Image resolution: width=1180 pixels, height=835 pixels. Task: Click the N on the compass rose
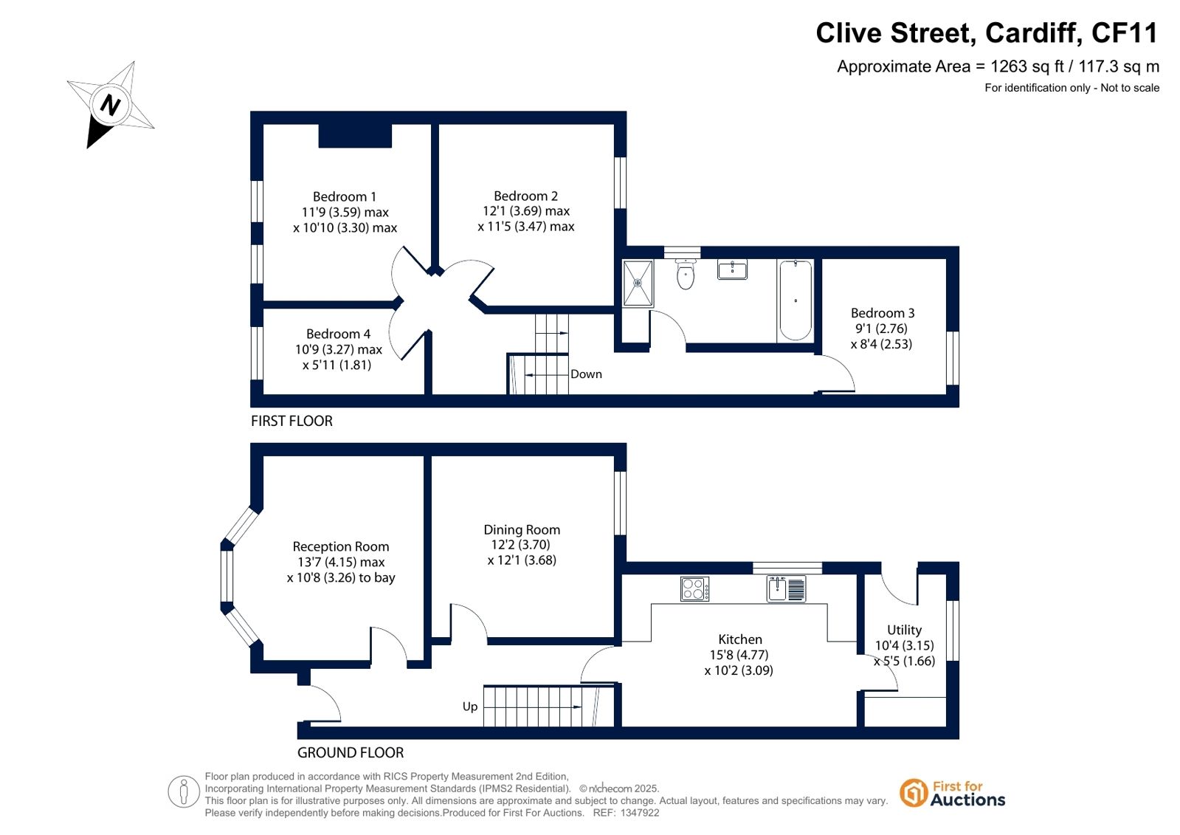coord(110,104)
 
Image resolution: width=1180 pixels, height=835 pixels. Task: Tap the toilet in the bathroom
coord(686,274)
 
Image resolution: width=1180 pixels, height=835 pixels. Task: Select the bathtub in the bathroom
coord(796,300)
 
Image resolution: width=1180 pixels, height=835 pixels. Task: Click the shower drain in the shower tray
coord(638,283)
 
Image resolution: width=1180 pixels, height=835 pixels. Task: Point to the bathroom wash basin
coord(732,269)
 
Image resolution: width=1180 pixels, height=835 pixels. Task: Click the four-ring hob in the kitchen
coord(695,589)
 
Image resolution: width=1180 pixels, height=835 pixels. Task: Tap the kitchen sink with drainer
coord(786,589)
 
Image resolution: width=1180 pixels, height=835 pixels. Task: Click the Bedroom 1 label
coord(345,196)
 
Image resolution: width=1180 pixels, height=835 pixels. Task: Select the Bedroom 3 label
coord(883,312)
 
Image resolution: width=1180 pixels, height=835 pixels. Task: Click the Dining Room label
coord(522,529)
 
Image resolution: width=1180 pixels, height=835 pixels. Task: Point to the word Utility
coord(904,630)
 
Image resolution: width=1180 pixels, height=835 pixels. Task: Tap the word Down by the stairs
coord(586,374)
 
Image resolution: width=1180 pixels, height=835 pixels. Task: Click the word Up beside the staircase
coord(470,707)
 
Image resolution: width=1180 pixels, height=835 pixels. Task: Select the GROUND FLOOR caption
coord(351,753)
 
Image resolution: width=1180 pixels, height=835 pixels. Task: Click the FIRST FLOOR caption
coord(291,421)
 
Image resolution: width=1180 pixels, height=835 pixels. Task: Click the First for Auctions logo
coord(953,793)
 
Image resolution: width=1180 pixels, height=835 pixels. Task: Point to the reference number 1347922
coord(640,813)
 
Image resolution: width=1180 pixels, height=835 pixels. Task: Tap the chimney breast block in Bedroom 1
coord(355,136)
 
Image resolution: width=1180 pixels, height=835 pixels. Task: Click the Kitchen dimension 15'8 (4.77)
coord(739,655)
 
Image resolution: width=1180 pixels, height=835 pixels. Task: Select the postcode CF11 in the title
coord(1124,32)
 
